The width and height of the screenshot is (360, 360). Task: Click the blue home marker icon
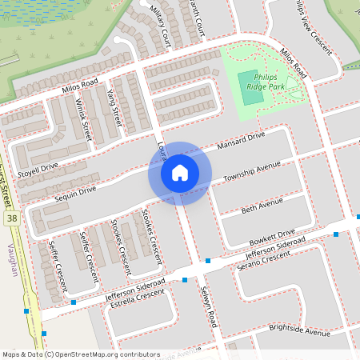coord(179,172)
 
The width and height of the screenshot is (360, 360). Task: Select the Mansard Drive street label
coord(240,142)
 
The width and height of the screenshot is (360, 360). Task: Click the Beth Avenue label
coord(262,207)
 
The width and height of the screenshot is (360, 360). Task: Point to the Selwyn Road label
coord(209,306)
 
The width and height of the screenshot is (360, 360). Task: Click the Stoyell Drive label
coord(38,168)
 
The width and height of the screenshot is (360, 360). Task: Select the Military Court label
coord(161,25)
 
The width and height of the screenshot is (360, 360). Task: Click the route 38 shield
coord(11,217)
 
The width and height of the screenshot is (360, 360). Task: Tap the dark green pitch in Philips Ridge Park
coord(251,97)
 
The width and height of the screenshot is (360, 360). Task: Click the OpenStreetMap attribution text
coord(81,354)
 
